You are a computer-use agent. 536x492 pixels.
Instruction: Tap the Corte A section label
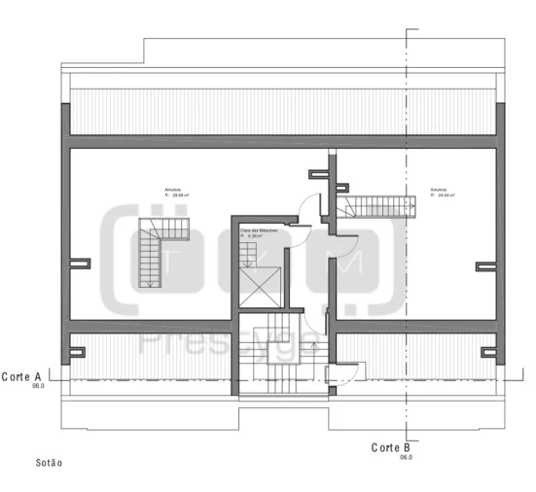click(21, 375)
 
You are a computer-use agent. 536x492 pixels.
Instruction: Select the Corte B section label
click(393, 447)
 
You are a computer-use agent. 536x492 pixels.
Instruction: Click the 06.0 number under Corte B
click(405, 457)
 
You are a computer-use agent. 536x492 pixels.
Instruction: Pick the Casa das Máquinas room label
click(259, 229)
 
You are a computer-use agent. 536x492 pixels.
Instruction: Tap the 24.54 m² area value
click(447, 194)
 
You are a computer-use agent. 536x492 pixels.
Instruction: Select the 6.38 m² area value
click(258, 235)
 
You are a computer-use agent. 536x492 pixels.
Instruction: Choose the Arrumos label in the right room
click(439, 189)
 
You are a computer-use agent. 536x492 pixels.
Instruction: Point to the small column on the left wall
click(80, 262)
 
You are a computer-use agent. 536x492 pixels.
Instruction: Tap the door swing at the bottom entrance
click(351, 369)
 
